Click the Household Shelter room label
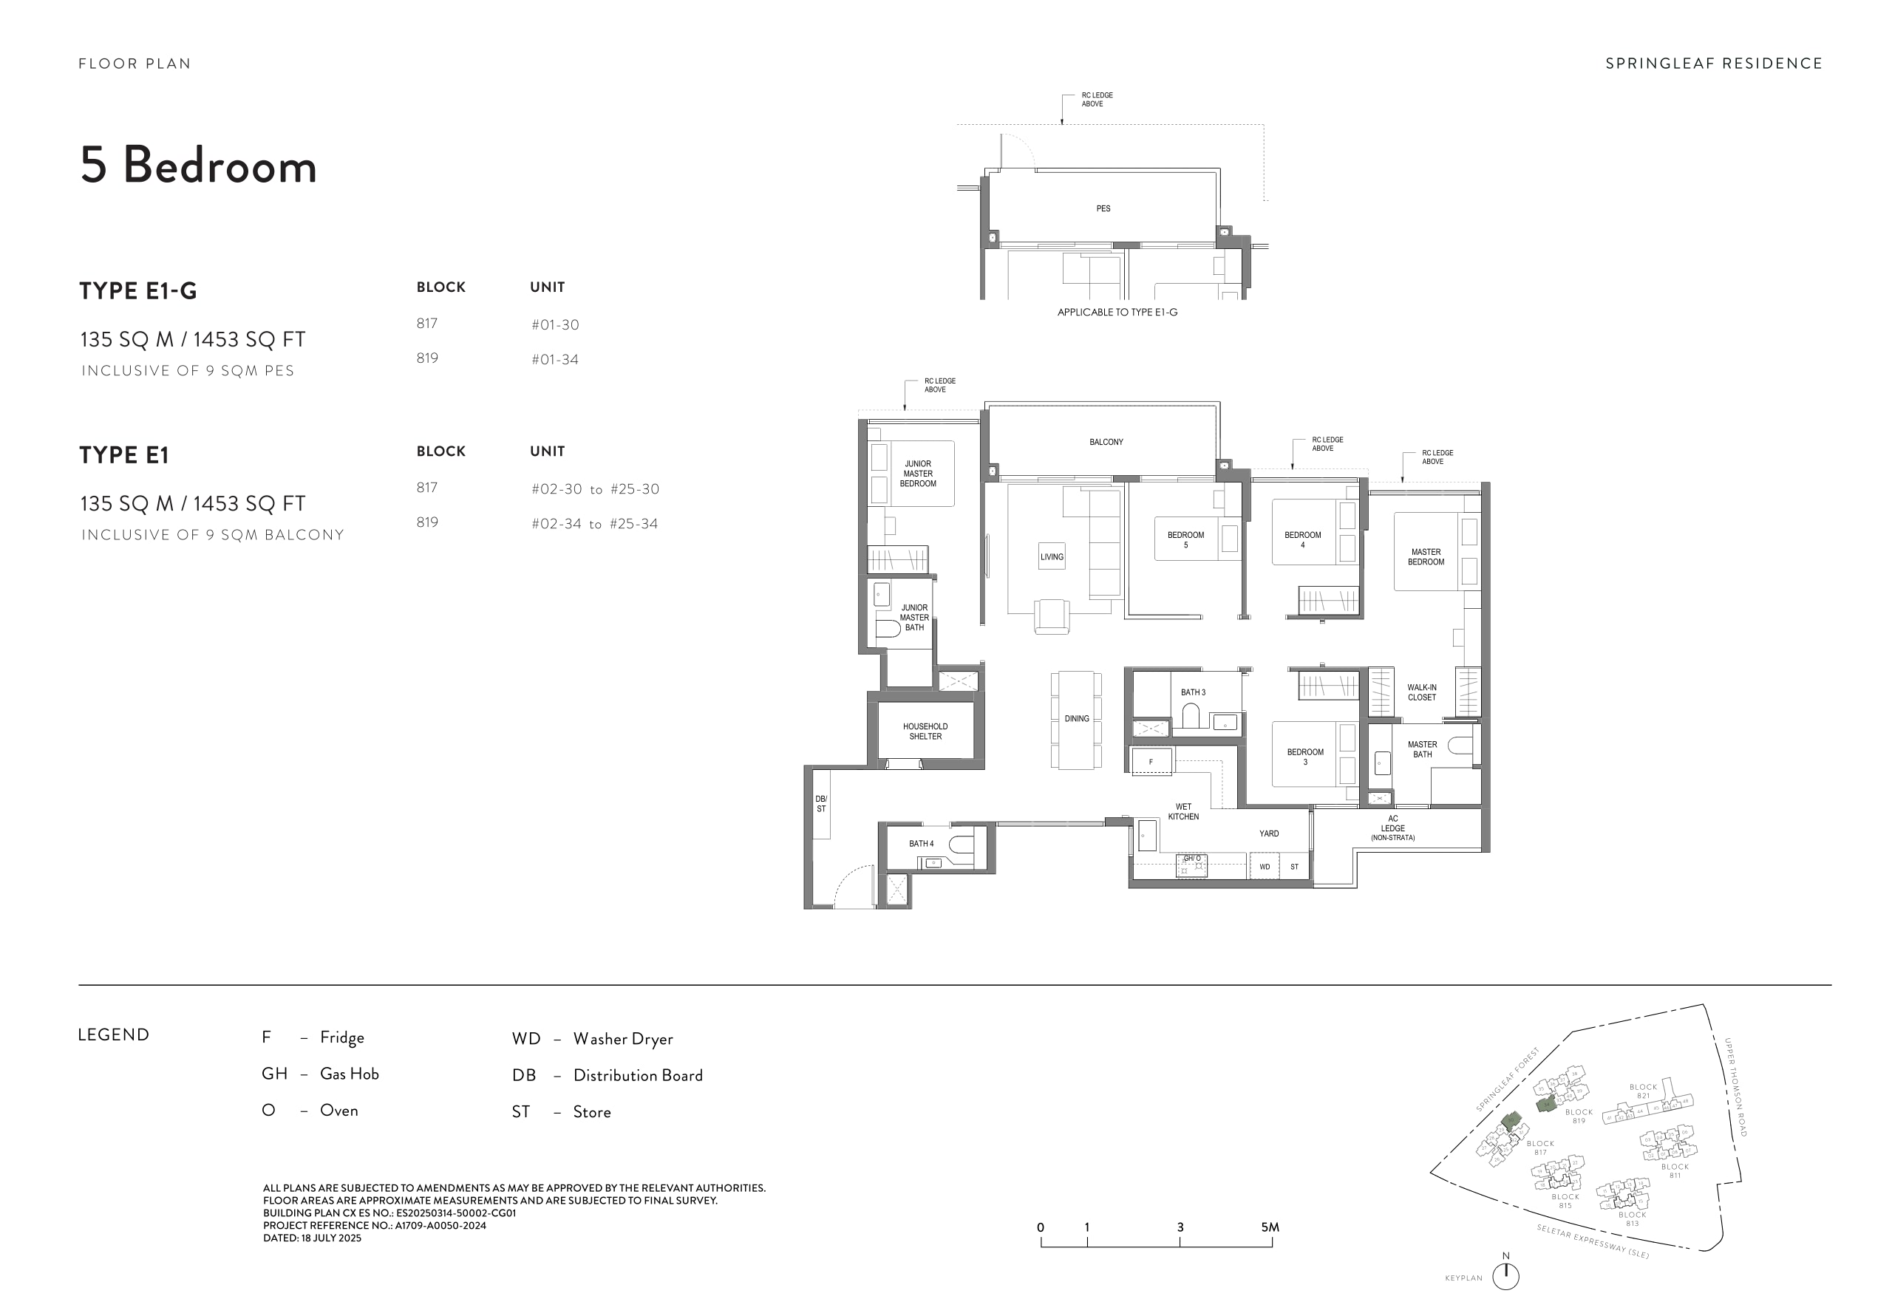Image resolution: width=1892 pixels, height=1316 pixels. [925, 731]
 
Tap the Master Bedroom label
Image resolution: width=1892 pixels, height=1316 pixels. [1426, 557]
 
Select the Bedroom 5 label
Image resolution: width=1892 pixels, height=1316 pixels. [1185, 539]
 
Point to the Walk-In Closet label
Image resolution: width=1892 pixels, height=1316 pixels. [1421, 692]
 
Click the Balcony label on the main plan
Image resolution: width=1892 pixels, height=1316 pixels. [1106, 443]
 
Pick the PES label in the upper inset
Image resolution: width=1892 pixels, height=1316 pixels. [1103, 209]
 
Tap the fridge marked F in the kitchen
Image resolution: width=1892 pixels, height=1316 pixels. [1151, 761]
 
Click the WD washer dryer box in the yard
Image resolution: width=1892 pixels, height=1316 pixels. [1264, 867]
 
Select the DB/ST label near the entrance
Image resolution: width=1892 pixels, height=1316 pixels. [821, 803]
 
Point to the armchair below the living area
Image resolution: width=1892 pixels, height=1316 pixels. [1052, 616]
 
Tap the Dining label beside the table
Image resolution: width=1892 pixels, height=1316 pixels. [1076, 718]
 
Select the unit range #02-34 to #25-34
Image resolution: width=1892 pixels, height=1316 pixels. [594, 524]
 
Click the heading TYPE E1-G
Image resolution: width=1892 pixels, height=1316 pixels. [138, 291]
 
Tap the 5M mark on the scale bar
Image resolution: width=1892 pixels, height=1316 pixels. [1270, 1228]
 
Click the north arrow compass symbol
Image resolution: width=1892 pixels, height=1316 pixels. [1505, 1275]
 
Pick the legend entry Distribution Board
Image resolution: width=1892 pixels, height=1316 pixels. [638, 1075]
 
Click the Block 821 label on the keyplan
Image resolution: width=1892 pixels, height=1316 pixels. [1642, 1091]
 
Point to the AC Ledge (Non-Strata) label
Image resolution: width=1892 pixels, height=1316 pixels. [1392, 828]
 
